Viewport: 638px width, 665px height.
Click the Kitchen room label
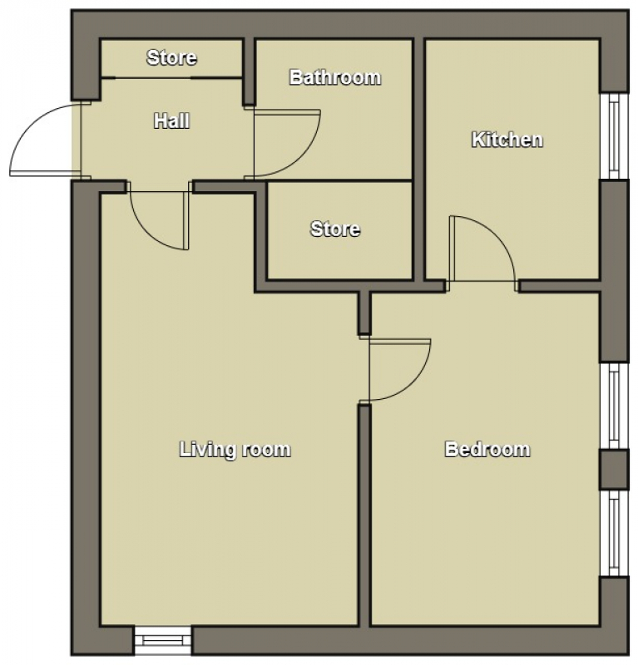coord(507,140)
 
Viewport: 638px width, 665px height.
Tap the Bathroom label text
coord(335,77)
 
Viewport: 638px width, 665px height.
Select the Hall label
coord(171,121)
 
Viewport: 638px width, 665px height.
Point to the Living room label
coord(235,450)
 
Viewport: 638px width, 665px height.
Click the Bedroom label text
coord(487,450)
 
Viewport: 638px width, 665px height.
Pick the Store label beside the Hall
coord(171,57)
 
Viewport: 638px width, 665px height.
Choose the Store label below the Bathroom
coord(335,229)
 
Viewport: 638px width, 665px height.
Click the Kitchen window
coord(614,136)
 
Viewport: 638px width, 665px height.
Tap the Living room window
coord(162,640)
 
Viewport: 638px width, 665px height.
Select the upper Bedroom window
coord(614,406)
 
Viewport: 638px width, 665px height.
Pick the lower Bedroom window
coord(614,534)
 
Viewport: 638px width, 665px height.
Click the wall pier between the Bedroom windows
coord(614,470)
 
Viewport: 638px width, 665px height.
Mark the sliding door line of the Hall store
coord(171,77)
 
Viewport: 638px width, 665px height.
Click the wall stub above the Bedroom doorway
coord(364,313)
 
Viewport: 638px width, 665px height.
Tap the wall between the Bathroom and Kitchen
coord(419,160)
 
